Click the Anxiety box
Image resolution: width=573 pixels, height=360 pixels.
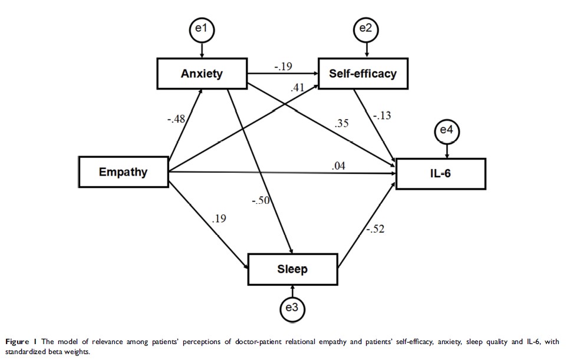point(202,74)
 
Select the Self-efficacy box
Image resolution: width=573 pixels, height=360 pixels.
point(363,74)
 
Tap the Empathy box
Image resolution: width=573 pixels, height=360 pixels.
point(123,172)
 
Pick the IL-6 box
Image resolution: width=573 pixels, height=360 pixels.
point(440,174)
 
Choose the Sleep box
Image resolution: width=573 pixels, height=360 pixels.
point(292,269)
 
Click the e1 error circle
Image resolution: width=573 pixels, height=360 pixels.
point(202,29)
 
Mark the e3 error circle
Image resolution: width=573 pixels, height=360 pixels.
point(293,308)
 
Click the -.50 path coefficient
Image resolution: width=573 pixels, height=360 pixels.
point(260,201)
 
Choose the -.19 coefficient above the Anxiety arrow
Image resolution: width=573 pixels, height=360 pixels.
point(282,67)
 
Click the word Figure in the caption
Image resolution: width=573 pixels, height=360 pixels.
point(17,341)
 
